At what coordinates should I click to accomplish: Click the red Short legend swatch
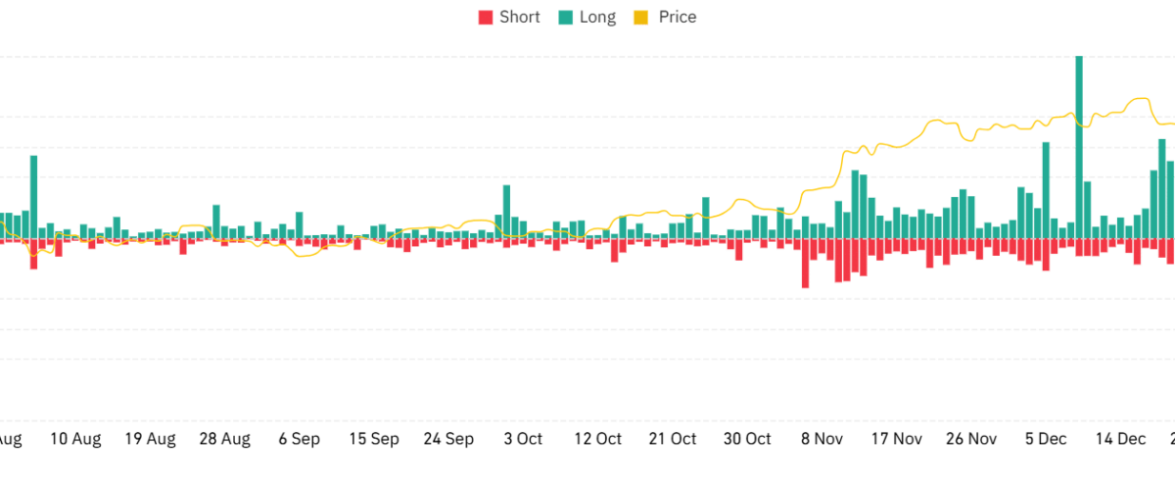pos(485,18)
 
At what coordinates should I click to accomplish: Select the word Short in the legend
pos(519,18)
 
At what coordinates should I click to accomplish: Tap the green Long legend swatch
pos(565,18)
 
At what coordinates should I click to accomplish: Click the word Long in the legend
pos(597,18)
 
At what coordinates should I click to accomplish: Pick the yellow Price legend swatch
pos(640,18)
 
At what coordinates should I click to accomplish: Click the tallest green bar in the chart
pos(1079,147)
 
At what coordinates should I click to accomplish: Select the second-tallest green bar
pos(1046,191)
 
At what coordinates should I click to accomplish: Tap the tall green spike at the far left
pos(33,196)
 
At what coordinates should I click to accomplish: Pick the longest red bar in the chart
pos(805,265)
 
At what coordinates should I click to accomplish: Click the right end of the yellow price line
pos(1172,123)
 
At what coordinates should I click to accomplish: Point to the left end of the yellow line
pos(2,223)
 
